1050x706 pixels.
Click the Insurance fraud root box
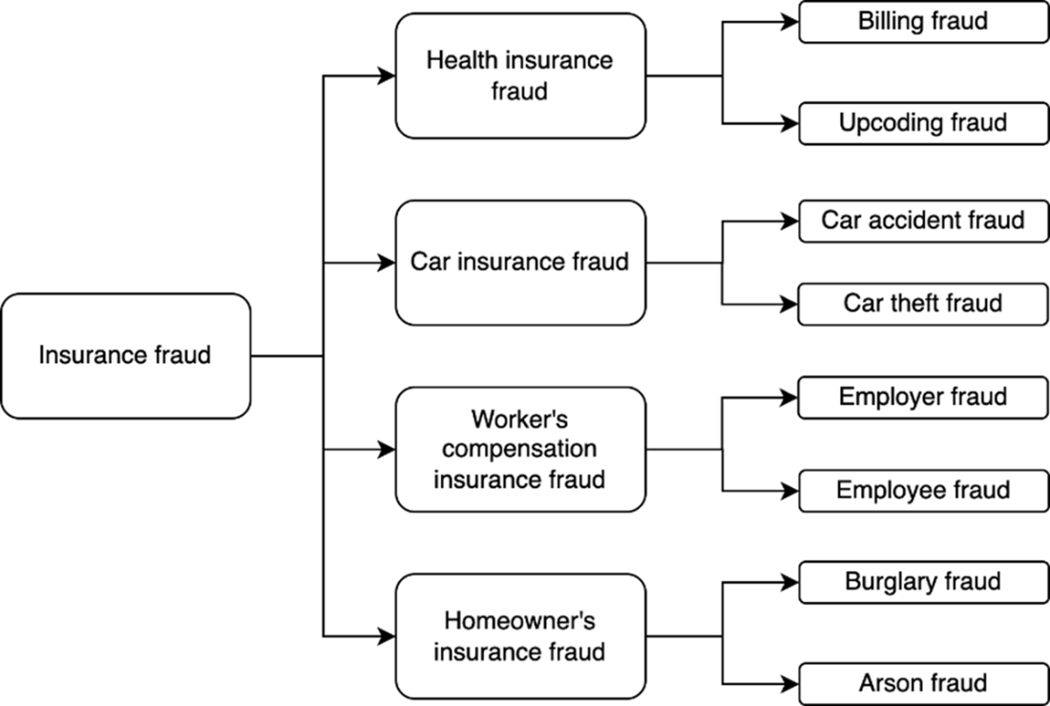(x=126, y=356)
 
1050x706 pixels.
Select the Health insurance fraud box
(x=520, y=75)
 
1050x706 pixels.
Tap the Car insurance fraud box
(x=520, y=263)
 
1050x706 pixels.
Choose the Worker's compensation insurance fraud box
(x=520, y=449)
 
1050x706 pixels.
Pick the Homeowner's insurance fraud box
(x=520, y=636)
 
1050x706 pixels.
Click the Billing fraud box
(x=923, y=22)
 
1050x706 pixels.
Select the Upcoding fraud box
(x=923, y=123)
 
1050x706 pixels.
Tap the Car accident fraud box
(x=923, y=222)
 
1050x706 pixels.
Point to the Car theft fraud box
(x=923, y=305)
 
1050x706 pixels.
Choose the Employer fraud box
(x=923, y=397)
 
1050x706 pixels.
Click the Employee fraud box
(x=923, y=491)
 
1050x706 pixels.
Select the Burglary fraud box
(x=923, y=583)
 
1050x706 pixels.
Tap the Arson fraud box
(x=923, y=684)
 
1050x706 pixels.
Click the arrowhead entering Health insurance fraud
(x=387, y=75)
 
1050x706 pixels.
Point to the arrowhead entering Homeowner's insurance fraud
(x=387, y=636)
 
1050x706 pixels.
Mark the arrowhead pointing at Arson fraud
(x=790, y=684)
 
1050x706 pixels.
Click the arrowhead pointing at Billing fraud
(x=790, y=22)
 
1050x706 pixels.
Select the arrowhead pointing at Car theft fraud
(x=790, y=305)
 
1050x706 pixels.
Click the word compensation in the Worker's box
(x=519, y=449)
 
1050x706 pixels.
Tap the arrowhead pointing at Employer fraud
(x=790, y=397)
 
